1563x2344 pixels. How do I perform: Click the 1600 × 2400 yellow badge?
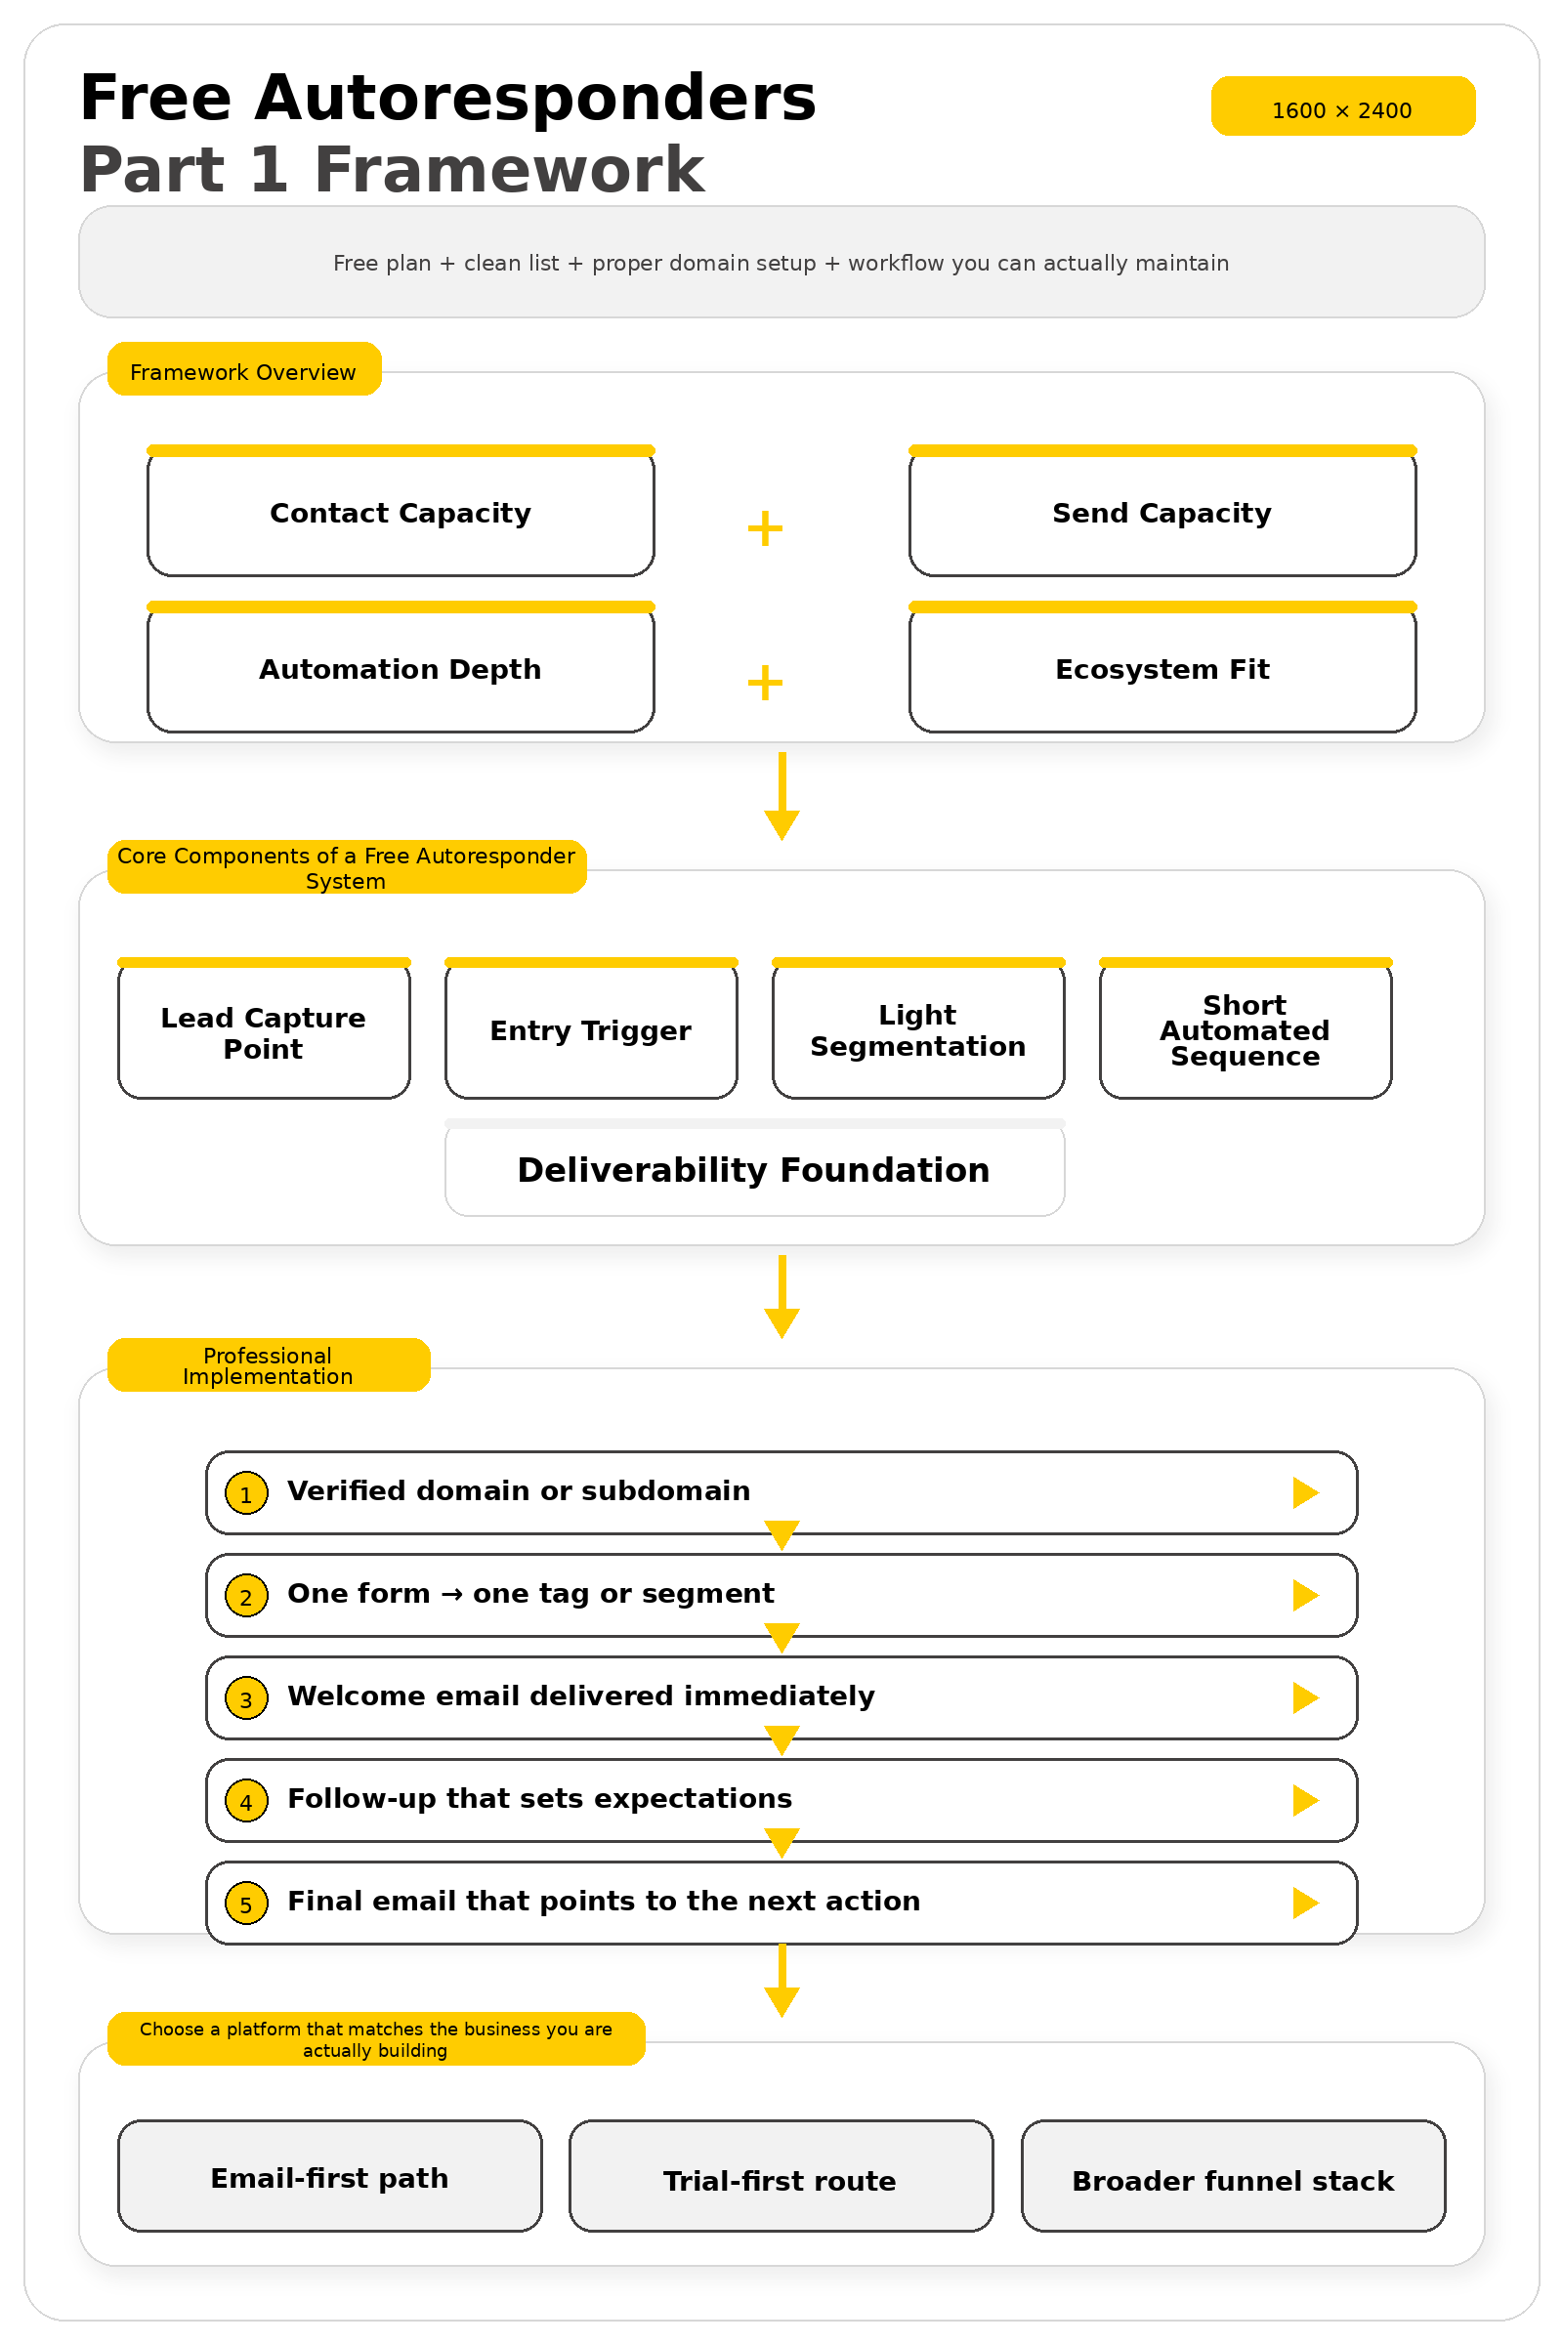point(1341,105)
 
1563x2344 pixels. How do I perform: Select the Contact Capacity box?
point(400,514)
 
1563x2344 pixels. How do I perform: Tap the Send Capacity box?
point(1162,514)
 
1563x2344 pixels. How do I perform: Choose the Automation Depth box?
point(400,670)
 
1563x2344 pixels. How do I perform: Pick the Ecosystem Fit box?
point(1162,670)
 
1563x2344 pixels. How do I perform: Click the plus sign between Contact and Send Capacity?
point(765,528)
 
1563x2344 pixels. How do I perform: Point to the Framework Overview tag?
point(243,370)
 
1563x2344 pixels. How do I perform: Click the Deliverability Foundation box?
point(753,1170)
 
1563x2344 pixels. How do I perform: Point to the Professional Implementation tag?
point(268,1365)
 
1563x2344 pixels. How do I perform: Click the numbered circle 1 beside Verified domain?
point(246,1493)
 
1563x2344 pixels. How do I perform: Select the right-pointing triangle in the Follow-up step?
point(1305,1801)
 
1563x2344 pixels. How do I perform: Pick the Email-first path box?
point(330,2178)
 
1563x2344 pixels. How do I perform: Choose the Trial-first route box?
point(781,2178)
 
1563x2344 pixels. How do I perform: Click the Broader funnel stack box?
point(1232,2178)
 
